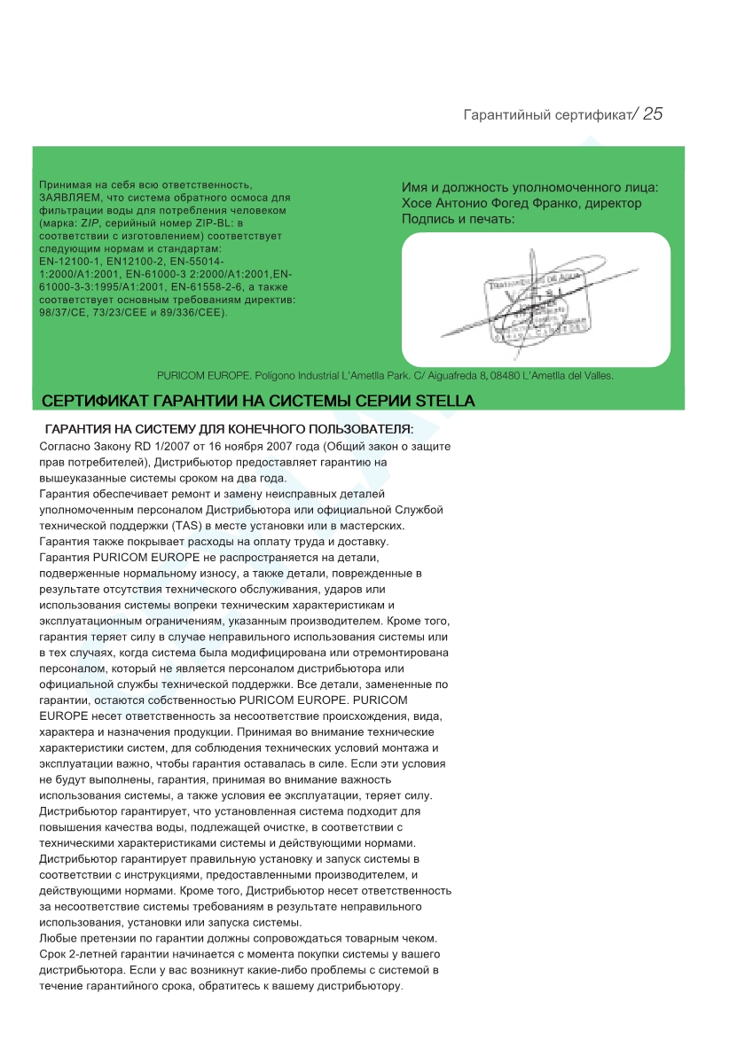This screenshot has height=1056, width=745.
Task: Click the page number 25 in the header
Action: click(x=653, y=114)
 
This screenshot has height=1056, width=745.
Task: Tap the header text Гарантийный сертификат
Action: click(x=546, y=116)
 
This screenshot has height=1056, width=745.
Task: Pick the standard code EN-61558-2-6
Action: click(x=212, y=287)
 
